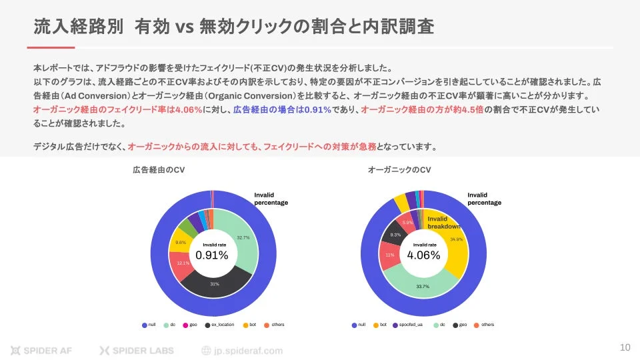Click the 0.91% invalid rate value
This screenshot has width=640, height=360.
coord(211,255)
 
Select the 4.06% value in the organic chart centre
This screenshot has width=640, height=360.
coord(423,255)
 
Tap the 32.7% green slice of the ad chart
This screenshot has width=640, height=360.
coord(243,237)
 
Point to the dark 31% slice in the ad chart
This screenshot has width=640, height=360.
coord(215,284)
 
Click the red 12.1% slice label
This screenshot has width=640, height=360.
coord(183,263)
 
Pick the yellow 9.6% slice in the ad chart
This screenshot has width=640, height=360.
coord(180,243)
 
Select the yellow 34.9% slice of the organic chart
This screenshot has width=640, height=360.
coord(456,239)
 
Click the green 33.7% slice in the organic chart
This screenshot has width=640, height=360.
coord(423,286)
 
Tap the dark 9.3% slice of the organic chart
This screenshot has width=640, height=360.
coord(395,235)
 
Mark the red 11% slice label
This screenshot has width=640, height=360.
coord(390,255)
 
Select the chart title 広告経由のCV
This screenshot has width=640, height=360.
coord(159,171)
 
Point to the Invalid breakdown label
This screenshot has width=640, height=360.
coord(443,223)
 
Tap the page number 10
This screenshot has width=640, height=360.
coord(625,347)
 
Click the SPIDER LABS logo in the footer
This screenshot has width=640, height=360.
coord(137,350)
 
